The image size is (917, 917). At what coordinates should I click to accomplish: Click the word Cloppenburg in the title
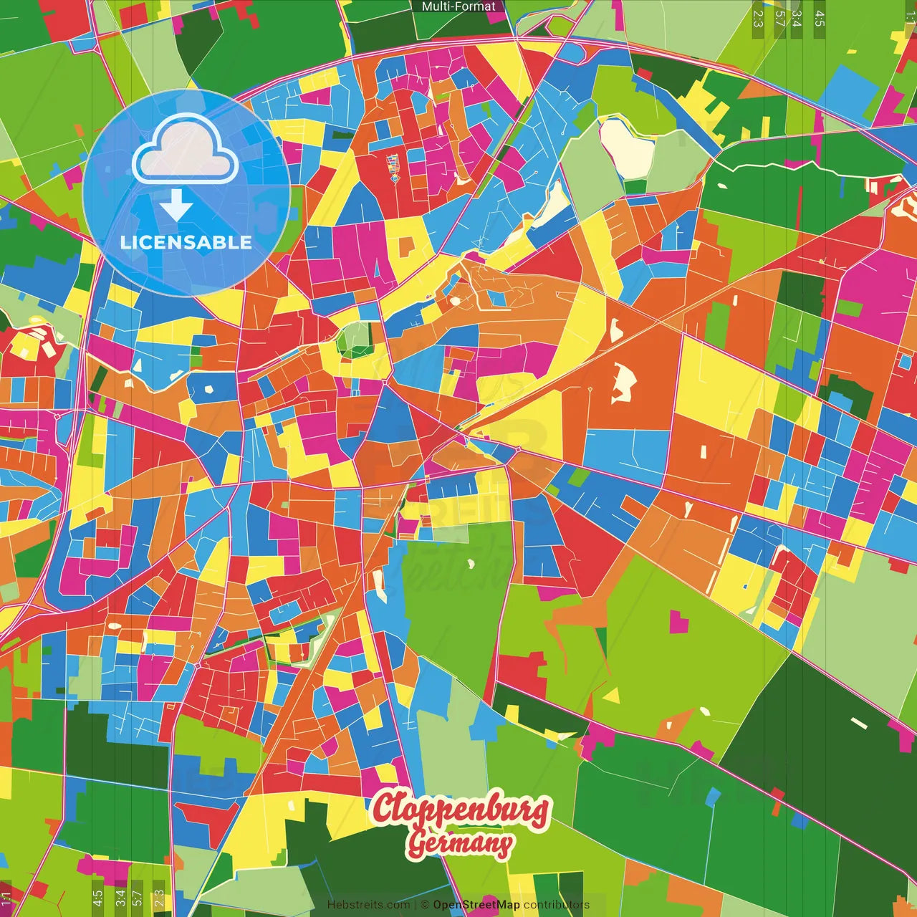pos(460,810)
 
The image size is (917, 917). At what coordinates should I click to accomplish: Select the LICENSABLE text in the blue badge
pos(186,242)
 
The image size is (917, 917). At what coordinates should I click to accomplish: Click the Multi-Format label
pos(458,6)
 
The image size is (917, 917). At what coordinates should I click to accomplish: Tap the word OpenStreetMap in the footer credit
pos(476,905)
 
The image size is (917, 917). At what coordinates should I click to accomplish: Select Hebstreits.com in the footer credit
pos(368,905)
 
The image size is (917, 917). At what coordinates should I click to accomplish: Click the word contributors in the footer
pos(556,905)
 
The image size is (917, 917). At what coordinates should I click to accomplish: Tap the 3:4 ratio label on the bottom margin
pos(120,897)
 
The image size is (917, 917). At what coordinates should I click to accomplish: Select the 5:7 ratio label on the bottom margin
pos(138,897)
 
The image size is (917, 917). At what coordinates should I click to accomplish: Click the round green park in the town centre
pos(355,338)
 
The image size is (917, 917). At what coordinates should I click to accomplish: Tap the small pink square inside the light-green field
pos(678,622)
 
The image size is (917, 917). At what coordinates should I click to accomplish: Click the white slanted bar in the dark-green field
pos(858,723)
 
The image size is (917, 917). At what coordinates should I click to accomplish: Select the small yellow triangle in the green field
pos(612,696)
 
